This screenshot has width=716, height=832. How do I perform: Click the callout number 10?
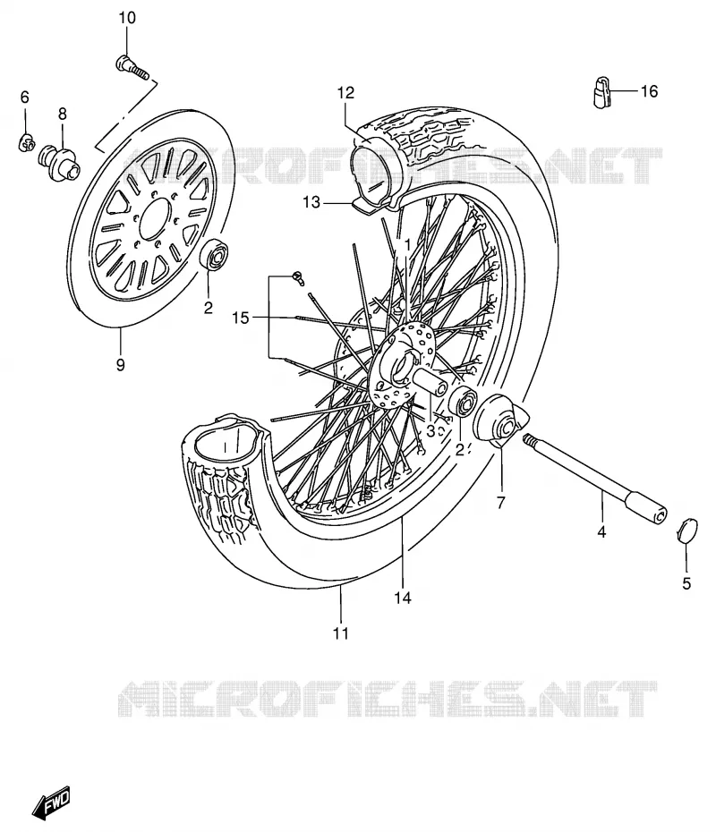tap(127, 18)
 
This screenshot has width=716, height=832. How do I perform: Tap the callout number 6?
tap(24, 98)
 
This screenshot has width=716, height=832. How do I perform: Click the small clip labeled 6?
tap(27, 143)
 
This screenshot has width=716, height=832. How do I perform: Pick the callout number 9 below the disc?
tap(121, 365)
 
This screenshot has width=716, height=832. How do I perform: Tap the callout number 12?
tap(345, 93)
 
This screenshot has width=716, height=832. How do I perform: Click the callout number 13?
tap(312, 202)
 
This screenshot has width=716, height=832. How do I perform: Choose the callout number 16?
tap(649, 91)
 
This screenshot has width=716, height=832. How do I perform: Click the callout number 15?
tap(241, 318)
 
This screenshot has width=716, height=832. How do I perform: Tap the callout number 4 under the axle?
tap(601, 531)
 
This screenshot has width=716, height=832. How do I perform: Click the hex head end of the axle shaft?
tap(647, 509)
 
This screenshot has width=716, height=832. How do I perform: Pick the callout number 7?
tap(501, 502)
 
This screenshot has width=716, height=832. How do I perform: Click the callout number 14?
tap(403, 598)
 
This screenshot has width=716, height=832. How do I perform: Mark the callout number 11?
tap(341, 633)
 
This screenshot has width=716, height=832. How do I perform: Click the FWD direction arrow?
tap(51, 801)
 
